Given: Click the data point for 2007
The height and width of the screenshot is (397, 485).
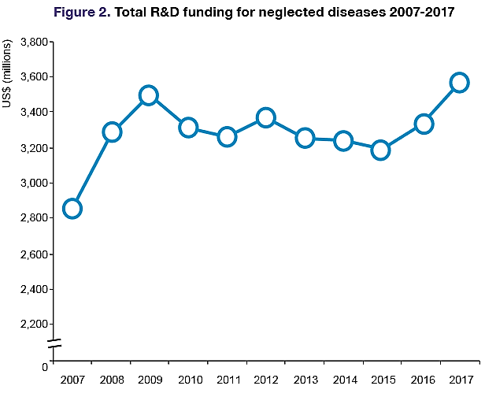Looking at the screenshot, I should (72, 209).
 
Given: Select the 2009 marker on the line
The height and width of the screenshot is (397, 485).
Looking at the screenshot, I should (149, 95).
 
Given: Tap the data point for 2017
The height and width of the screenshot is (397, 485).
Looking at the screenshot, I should (460, 83).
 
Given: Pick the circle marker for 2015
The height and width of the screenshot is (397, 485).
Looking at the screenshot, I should (381, 150).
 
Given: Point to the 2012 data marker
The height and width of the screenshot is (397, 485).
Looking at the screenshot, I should (265, 117).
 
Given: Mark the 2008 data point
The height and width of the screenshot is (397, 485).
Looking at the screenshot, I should (112, 132).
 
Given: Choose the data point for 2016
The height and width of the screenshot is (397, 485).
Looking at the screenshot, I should (424, 124).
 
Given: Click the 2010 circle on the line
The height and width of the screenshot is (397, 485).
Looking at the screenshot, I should (187, 128).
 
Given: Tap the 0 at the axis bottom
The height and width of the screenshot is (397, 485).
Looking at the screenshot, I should (44, 366).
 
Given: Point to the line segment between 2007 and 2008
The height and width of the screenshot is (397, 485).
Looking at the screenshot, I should (92, 170).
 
